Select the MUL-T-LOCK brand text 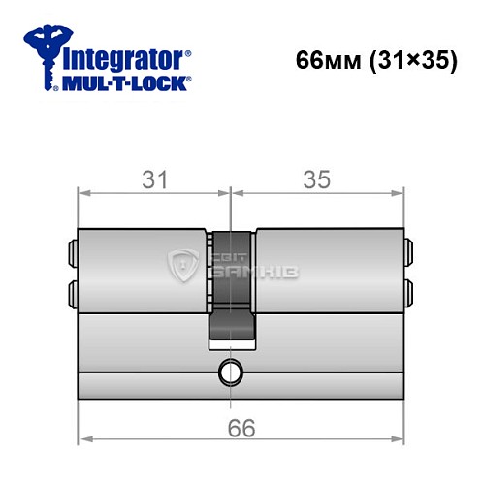pyautogui.click(x=124, y=84)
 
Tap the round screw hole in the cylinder pyautogui.click(x=231, y=371)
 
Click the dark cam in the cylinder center pyautogui.click(x=231, y=291)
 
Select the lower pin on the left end pyautogui.click(x=71, y=290)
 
